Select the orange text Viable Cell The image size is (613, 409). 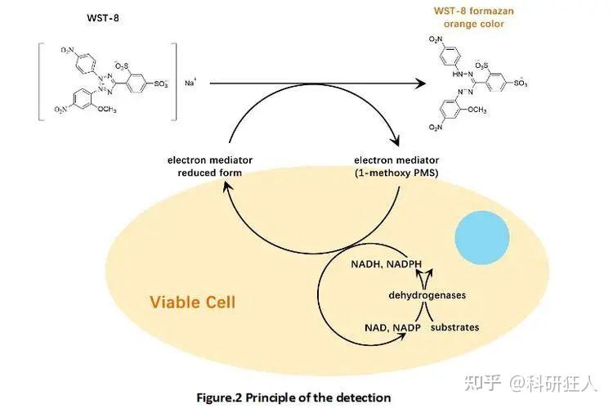(192, 303)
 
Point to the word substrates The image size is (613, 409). (454, 327)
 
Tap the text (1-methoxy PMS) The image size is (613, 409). (397, 173)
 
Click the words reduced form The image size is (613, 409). (209, 173)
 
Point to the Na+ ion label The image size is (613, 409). (190, 83)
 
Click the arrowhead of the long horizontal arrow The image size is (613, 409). (424, 83)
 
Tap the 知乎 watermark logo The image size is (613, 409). (480, 382)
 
